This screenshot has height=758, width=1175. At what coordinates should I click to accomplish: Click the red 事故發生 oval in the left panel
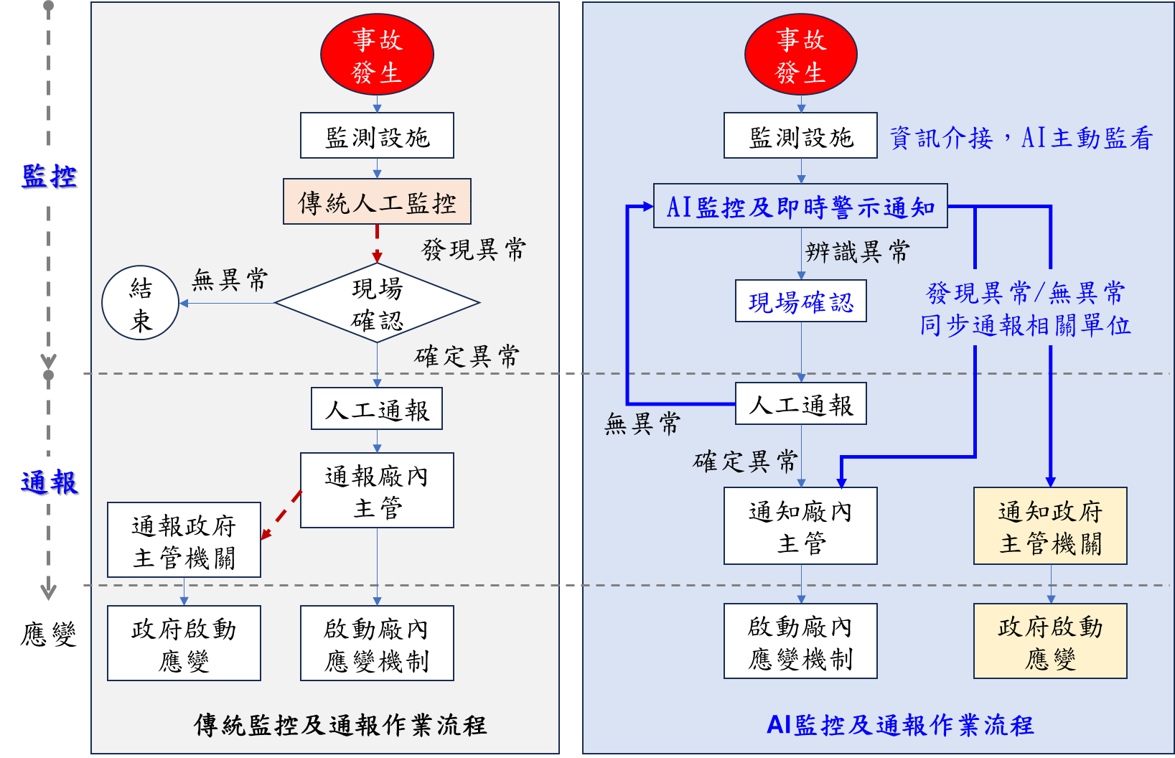coord(377,55)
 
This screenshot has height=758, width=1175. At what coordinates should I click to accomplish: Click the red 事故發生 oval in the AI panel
coord(801,55)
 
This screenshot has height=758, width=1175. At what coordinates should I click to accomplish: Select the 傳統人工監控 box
coord(377,202)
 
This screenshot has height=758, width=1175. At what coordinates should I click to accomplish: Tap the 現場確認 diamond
coord(377,304)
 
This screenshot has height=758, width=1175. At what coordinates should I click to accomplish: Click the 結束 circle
coord(141,304)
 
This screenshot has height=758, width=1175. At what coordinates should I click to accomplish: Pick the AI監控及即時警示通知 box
coord(800,207)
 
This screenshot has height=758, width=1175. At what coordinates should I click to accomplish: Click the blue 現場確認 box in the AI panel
coord(801,301)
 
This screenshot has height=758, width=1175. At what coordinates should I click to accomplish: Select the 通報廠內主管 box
coord(377,490)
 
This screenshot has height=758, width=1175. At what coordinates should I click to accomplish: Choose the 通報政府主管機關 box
coord(184,540)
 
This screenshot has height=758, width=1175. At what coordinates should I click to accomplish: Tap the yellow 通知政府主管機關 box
coord(1050,526)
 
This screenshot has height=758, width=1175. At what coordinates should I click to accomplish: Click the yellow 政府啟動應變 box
coord(1050,641)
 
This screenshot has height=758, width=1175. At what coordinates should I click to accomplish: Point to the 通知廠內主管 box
coord(800,526)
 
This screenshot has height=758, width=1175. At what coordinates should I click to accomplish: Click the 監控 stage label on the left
coord(49,174)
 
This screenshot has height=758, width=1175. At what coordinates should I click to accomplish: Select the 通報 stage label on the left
coord(49,481)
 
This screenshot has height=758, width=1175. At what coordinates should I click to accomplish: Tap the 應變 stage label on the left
coord(49,633)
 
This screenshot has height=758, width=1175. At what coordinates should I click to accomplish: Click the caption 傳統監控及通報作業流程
coord(340,725)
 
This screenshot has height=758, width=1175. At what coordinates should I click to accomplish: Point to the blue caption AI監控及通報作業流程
coord(900,725)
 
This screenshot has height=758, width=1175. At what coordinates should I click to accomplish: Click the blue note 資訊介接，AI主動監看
coord(1021,138)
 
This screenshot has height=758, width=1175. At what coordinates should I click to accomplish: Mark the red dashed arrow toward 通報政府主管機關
coord(281,515)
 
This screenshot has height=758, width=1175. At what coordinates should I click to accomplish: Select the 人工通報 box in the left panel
coord(377,409)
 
